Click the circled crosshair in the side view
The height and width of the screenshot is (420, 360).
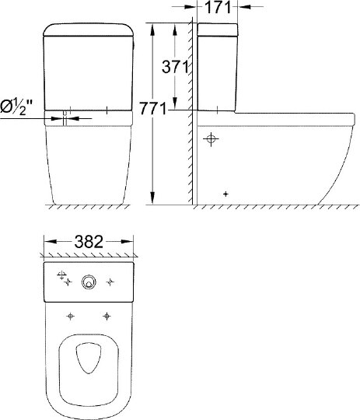(x=210, y=140)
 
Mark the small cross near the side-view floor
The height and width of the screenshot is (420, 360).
(x=225, y=193)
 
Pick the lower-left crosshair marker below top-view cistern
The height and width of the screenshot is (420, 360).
(x=72, y=316)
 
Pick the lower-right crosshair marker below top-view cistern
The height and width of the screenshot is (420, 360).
(x=107, y=316)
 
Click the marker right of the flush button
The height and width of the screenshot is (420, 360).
(x=110, y=282)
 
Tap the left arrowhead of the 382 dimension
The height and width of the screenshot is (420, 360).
(x=46, y=241)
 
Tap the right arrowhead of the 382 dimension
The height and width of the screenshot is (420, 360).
(x=133, y=241)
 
